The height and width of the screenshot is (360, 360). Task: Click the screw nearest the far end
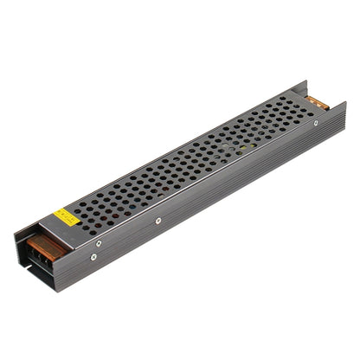(x=315, y=123)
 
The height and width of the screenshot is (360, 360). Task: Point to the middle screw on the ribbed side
(x=159, y=221)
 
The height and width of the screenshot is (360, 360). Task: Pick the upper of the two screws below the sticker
(x=98, y=243)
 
